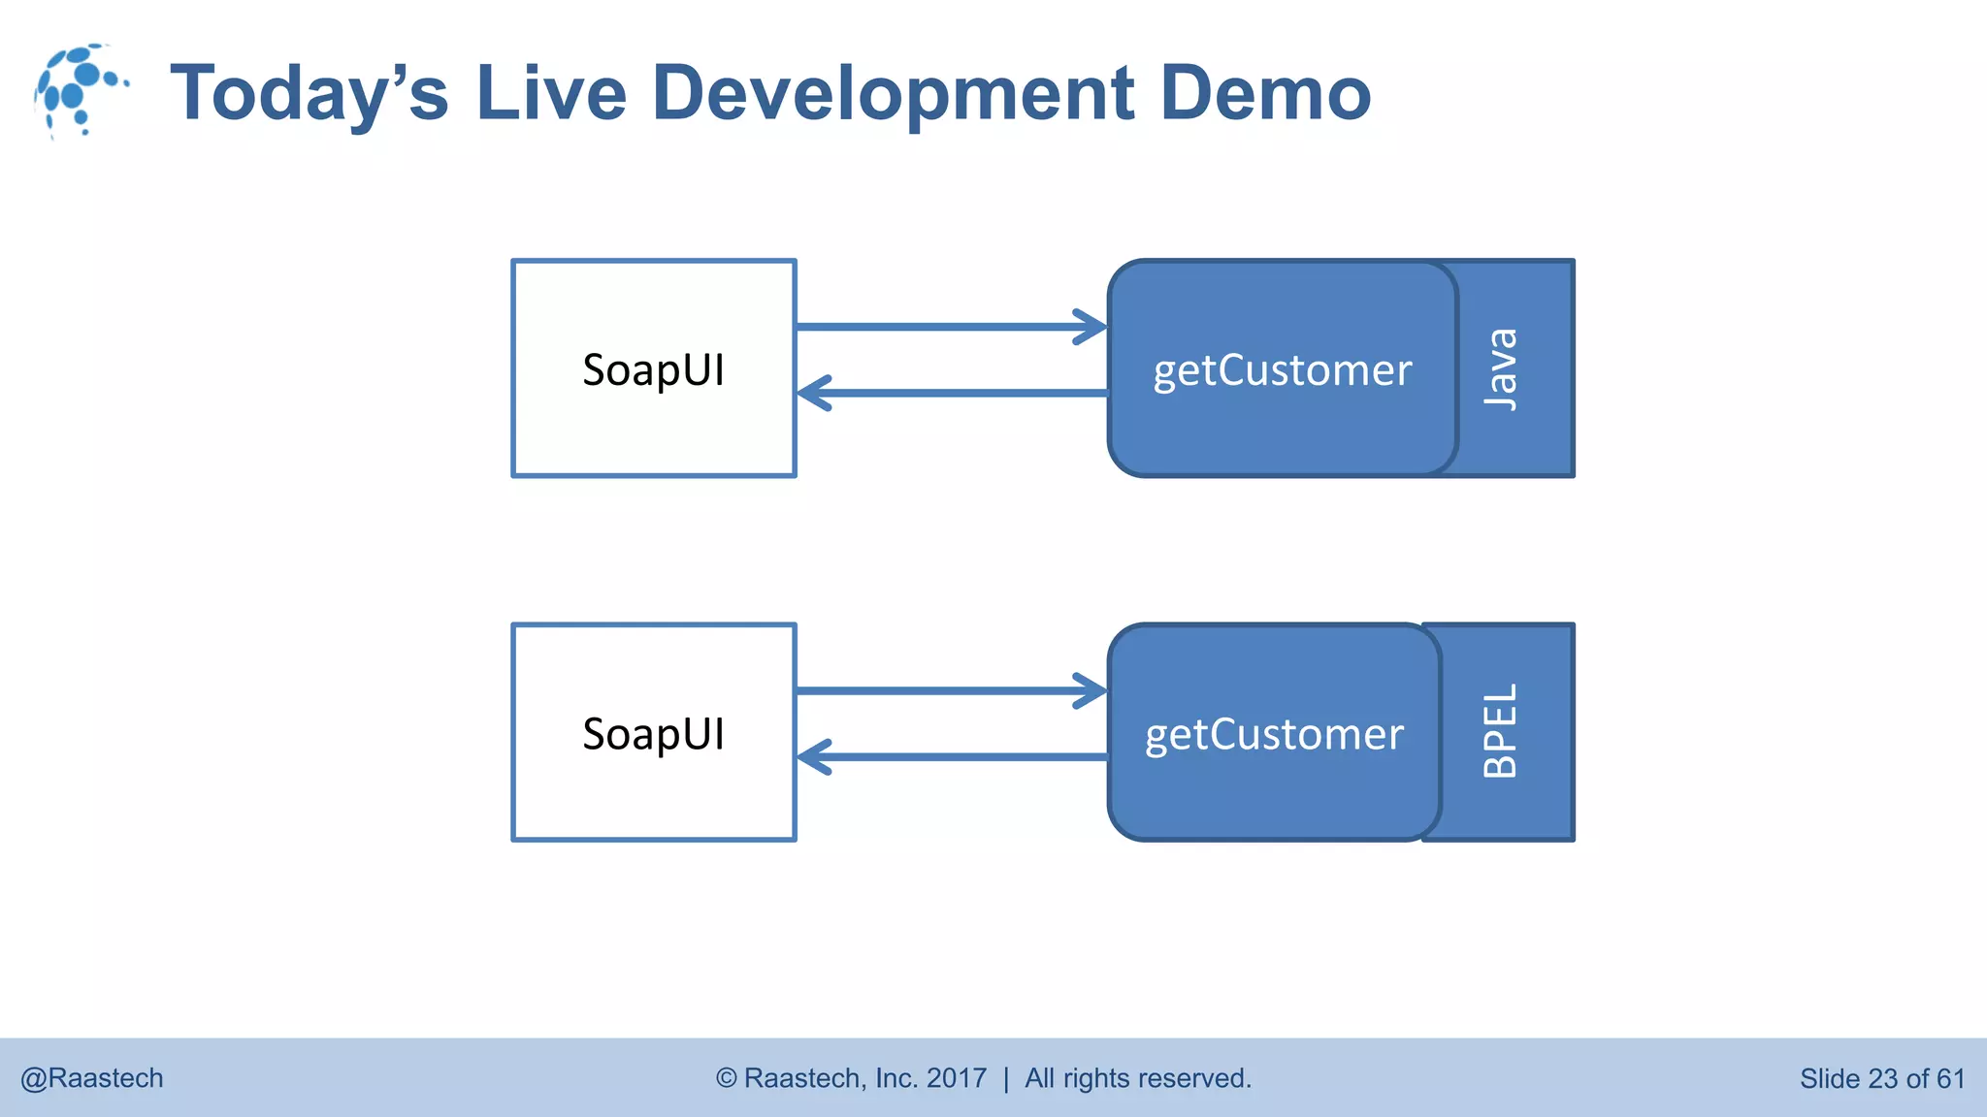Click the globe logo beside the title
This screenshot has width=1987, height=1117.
[x=80, y=90]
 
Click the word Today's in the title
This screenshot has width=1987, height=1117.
[x=309, y=94]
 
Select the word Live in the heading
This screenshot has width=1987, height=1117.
[x=551, y=93]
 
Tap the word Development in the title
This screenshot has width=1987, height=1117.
[x=893, y=94]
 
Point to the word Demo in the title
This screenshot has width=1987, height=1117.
[x=1265, y=93]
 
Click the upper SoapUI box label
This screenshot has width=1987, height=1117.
[x=653, y=369]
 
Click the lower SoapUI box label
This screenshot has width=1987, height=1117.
[x=653, y=734]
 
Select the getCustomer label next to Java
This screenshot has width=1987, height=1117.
[x=1282, y=370]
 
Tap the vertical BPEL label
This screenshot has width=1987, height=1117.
[x=1500, y=731]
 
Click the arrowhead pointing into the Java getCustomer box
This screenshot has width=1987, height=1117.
[x=1094, y=327]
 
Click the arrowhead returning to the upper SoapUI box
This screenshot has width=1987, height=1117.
[x=811, y=393]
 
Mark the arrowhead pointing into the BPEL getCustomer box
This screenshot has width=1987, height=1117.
[x=1094, y=690]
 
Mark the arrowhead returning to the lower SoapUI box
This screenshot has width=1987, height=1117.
[x=811, y=756]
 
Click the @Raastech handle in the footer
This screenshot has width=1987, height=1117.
[x=92, y=1078]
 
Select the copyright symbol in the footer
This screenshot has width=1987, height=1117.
[x=726, y=1078]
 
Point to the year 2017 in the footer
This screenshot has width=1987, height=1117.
[x=956, y=1078]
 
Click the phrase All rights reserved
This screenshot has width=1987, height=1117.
[x=1138, y=1078]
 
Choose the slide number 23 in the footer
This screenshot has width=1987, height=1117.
[x=1882, y=1078]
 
